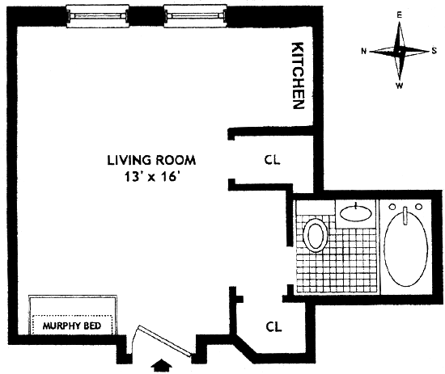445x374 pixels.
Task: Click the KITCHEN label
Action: (299, 76)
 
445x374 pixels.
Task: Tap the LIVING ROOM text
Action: (151, 160)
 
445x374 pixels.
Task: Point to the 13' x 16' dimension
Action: (152, 178)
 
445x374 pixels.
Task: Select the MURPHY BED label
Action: (72, 326)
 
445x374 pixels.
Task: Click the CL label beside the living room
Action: (272, 160)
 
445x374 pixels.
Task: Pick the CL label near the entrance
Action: (273, 326)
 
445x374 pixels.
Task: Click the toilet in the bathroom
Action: (316, 235)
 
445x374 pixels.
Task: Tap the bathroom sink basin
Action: (356, 212)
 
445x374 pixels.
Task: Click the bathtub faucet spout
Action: (405, 216)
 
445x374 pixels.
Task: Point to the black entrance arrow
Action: (162, 365)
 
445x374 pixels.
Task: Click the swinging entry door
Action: (164, 340)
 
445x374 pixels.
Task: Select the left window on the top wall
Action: (97, 16)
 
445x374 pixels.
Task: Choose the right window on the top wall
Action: (196, 16)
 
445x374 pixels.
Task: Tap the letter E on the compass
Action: (400, 16)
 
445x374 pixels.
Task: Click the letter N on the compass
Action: (363, 51)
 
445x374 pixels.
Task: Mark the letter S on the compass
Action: (434, 51)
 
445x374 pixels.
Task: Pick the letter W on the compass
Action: (400, 86)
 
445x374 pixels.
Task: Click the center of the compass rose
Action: (399, 52)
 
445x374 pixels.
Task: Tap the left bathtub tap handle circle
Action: (393, 207)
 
